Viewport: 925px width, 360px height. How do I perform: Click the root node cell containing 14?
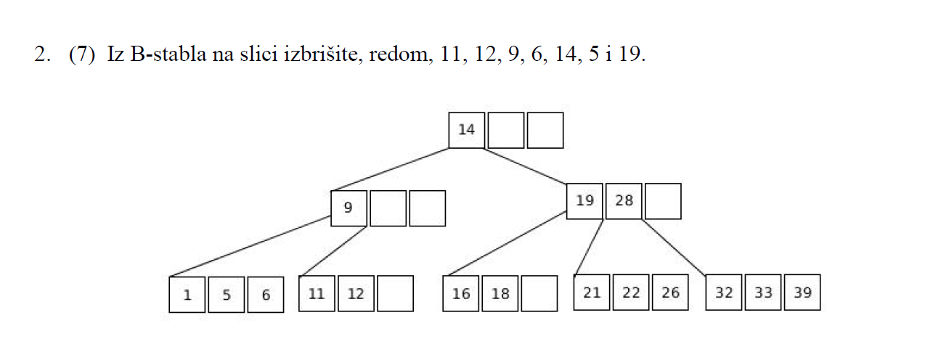(x=467, y=130)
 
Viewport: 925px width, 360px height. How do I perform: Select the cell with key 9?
(x=349, y=208)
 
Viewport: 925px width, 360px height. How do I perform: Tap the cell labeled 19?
(x=584, y=201)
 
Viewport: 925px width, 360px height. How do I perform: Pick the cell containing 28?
(x=624, y=201)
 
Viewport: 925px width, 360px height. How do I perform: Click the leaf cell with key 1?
(x=187, y=295)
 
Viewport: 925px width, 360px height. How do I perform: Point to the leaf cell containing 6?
(x=266, y=295)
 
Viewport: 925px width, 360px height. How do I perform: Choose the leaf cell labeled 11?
(x=317, y=293)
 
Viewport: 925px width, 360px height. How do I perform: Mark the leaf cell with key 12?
(x=356, y=293)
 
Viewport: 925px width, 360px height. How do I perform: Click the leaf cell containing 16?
(x=461, y=293)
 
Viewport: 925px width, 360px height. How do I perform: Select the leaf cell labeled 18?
(x=500, y=293)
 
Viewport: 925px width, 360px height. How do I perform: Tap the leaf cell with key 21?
(x=592, y=292)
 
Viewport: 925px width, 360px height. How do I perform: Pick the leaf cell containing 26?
(x=670, y=292)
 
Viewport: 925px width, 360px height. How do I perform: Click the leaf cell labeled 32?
(x=724, y=292)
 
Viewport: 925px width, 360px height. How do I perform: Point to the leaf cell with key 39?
(x=802, y=292)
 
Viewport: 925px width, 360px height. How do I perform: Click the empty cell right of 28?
(x=663, y=201)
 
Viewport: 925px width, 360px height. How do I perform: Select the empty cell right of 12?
(x=395, y=293)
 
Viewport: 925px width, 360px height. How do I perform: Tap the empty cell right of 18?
(x=539, y=293)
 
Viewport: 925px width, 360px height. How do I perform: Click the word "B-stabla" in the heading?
(x=168, y=54)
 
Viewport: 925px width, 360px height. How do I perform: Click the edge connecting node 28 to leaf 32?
(x=674, y=247)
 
